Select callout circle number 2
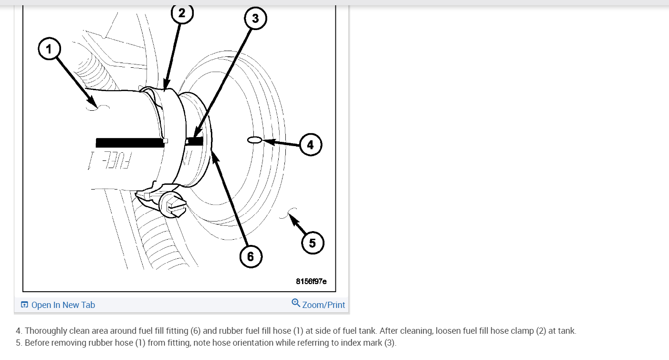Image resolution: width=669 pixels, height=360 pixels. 182,13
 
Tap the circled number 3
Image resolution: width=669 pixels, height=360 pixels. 255,19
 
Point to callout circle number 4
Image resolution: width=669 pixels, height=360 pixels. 311,144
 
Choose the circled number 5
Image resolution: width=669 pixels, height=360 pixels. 313,243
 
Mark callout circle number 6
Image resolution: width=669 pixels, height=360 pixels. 251,256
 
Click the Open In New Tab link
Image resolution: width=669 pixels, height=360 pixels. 63,305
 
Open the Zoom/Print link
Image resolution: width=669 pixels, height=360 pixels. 323,305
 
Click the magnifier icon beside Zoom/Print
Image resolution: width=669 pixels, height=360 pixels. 296,303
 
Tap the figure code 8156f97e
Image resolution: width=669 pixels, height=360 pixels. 311,281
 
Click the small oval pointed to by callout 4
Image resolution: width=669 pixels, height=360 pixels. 254,140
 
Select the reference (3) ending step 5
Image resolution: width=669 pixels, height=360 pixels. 390,343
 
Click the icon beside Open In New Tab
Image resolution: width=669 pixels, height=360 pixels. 25,305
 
